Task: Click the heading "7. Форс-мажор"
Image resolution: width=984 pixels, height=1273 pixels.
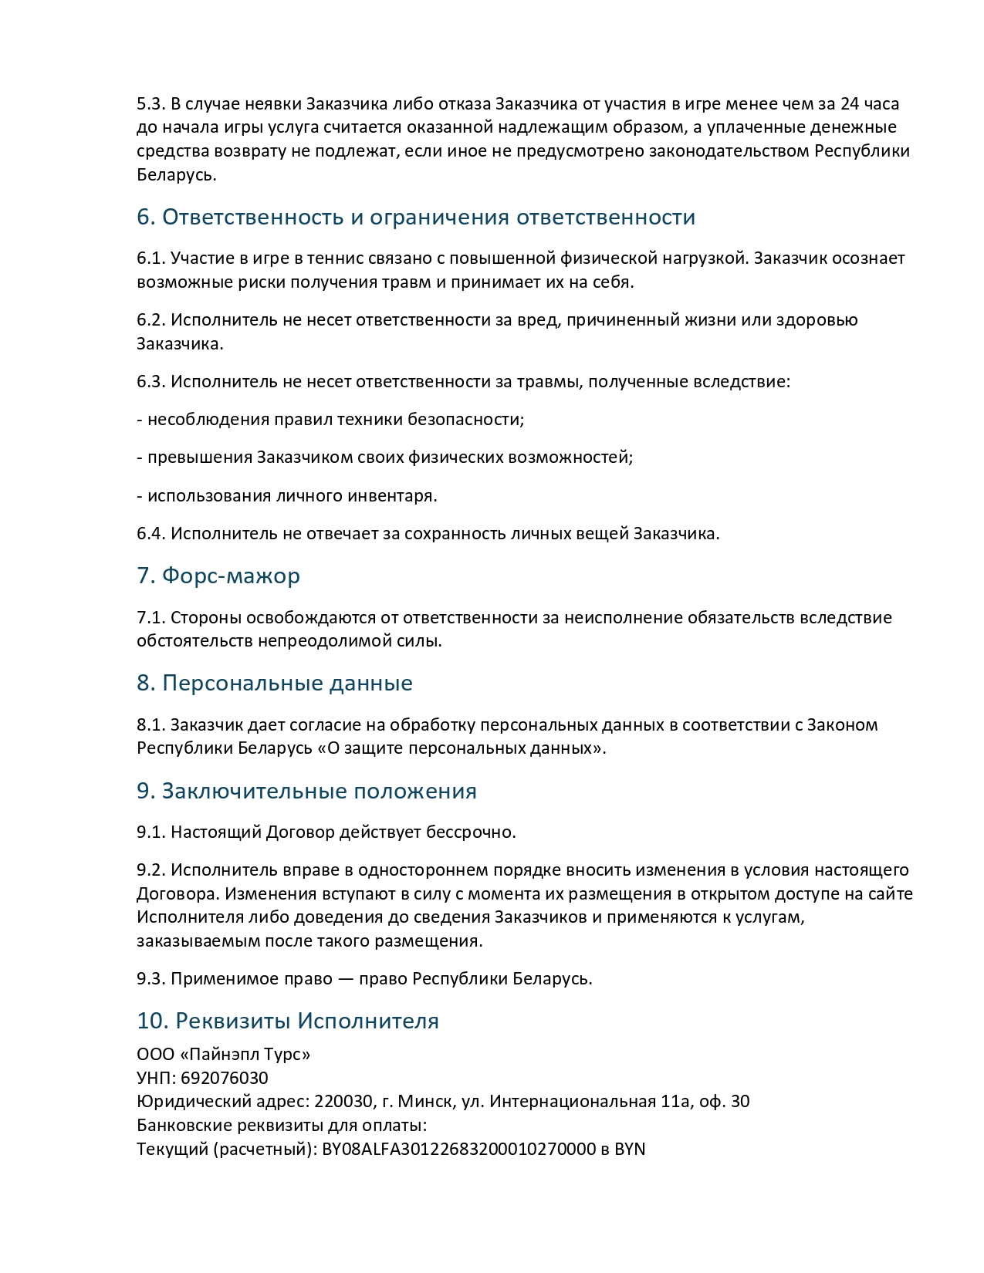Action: coord(218,576)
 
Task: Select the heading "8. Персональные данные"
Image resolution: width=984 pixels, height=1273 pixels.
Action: coord(275,683)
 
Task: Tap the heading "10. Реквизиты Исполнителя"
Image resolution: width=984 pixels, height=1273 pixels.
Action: coord(288,1021)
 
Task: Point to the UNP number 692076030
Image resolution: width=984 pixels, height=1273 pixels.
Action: coord(225,1078)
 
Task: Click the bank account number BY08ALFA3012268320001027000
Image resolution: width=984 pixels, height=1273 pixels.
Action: coord(458,1149)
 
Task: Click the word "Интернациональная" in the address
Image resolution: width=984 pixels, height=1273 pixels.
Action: coord(573,1101)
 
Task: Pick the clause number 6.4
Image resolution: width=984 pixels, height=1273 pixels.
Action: coord(151,533)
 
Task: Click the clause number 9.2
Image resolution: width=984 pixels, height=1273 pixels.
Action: coord(151,870)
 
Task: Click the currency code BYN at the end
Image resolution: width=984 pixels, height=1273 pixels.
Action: coord(630,1149)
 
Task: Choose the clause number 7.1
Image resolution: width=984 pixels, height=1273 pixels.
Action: coord(151,617)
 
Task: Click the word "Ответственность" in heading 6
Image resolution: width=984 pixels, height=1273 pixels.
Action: coord(253,217)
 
